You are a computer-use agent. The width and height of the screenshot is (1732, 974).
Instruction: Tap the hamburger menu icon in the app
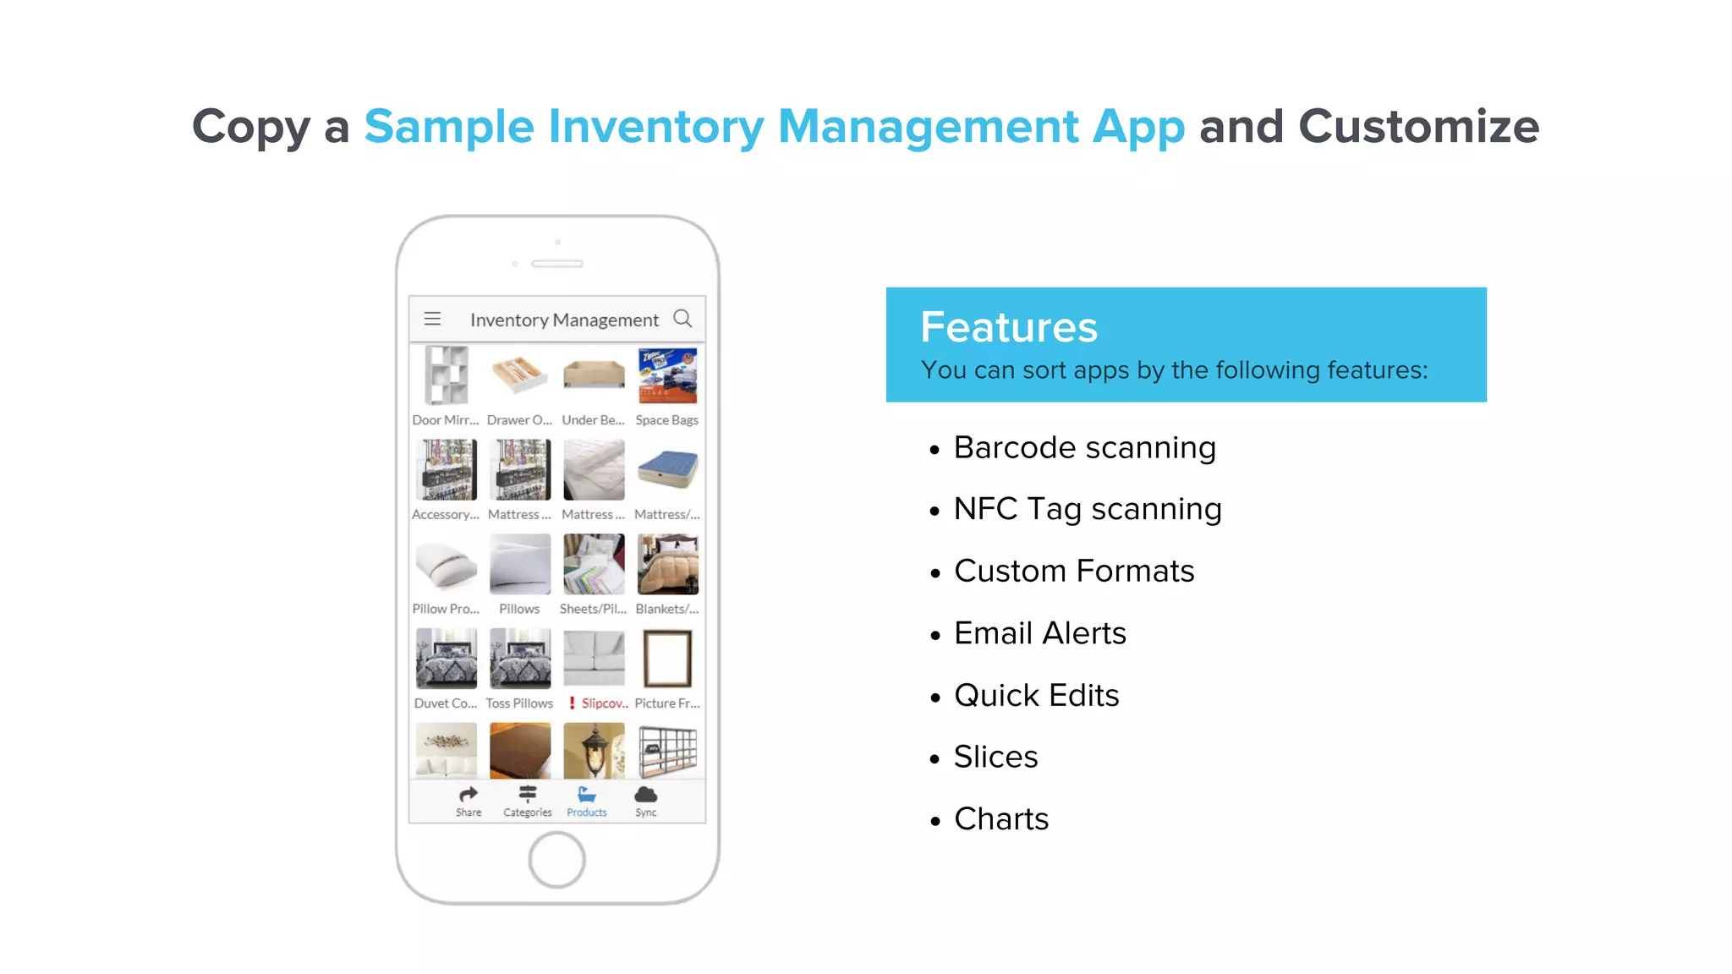pyautogui.click(x=432, y=319)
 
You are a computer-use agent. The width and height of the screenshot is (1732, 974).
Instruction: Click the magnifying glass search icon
pyautogui.click(x=682, y=319)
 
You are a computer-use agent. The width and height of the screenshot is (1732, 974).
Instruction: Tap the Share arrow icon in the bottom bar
pyautogui.click(x=469, y=795)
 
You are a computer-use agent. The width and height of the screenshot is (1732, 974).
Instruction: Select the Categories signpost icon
pyautogui.click(x=528, y=794)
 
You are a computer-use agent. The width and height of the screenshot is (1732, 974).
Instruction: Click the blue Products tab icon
pyautogui.click(x=587, y=795)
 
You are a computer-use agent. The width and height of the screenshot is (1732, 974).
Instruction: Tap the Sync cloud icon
pyautogui.click(x=646, y=795)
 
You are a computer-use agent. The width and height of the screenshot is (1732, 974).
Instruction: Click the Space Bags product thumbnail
pyautogui.click(x=667, y=376)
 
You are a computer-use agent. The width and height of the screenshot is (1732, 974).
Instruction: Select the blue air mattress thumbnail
pyautogui.click(x=667, y=469)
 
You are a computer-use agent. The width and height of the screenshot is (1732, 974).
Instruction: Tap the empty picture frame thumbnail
pyautogui.click(x=667, y=659)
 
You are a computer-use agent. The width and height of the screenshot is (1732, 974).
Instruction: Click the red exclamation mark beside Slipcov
pyautogui.click(x=573, y=703)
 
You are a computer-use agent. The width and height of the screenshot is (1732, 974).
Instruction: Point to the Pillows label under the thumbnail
pyautogui.click(x=519, y=609)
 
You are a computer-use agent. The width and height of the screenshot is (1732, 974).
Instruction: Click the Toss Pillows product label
pyautogui.click(x=519, y=703)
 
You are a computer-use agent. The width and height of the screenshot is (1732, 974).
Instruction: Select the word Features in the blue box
pyautogui.click(x=1009, y=327)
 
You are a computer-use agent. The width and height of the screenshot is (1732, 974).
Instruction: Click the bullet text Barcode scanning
pyautogui.click(x=1085, y=448)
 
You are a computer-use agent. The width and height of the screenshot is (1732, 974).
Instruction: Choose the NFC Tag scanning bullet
pyautogui.click(x=1088, y=510)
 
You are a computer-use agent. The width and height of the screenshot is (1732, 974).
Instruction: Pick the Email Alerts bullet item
pyautogui.click(x=1040, y=633)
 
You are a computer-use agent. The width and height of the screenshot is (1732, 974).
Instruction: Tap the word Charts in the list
pyautogui.click(x=1001, y=819)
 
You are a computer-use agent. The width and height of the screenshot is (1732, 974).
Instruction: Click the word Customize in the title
pyautogui.click(x=1418, y=127)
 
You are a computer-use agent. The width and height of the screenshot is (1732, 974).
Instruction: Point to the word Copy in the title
pyautogui.click(x=251, y=127)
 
